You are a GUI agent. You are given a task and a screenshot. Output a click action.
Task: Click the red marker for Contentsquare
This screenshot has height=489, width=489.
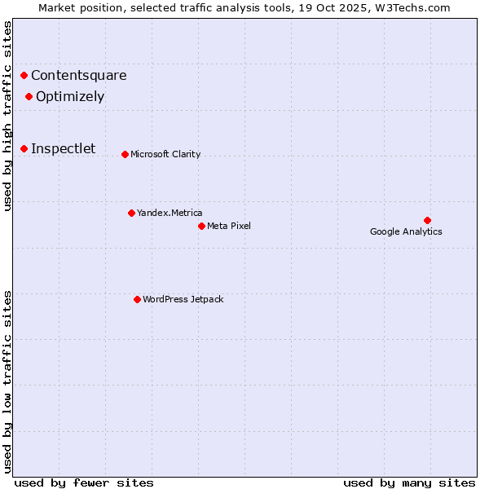(24, 76)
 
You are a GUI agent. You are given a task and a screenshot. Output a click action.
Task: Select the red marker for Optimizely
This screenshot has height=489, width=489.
(29, 97)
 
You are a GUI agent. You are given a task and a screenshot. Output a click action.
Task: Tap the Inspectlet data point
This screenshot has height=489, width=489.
(24, 148)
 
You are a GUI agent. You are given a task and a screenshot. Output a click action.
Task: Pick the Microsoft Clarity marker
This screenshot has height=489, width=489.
(125, 154)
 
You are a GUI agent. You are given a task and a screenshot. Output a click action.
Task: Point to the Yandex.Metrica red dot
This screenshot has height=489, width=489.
(131, 213)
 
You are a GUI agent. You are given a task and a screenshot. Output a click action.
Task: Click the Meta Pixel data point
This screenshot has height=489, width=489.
(201, 226)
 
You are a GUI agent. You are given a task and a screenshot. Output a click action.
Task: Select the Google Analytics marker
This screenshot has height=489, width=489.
(427, 220)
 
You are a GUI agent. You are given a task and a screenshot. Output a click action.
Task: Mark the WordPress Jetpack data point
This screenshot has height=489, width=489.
(137, 299)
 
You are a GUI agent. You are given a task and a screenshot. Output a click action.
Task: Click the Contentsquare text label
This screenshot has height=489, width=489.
(79, 76)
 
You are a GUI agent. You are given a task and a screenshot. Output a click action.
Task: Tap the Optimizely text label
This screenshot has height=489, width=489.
(70, 97)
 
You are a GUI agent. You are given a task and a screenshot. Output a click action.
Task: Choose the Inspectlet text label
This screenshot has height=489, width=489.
(64, 148)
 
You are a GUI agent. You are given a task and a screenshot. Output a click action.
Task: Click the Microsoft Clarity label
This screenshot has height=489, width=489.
(165, 154)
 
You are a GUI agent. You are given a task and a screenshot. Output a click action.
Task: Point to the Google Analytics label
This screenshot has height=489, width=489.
(406, 231)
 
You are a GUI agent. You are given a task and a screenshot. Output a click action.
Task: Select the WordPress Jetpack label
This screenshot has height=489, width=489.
(183, 299)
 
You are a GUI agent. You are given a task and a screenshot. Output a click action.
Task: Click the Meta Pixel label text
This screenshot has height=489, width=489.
(229, 226)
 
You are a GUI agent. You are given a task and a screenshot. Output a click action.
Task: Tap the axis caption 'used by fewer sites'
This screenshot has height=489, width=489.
(84, 482)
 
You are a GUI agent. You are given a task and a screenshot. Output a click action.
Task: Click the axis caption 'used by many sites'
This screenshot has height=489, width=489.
(409, 482)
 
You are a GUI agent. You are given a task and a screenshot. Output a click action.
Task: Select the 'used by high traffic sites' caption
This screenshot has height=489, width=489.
(8, 116)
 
